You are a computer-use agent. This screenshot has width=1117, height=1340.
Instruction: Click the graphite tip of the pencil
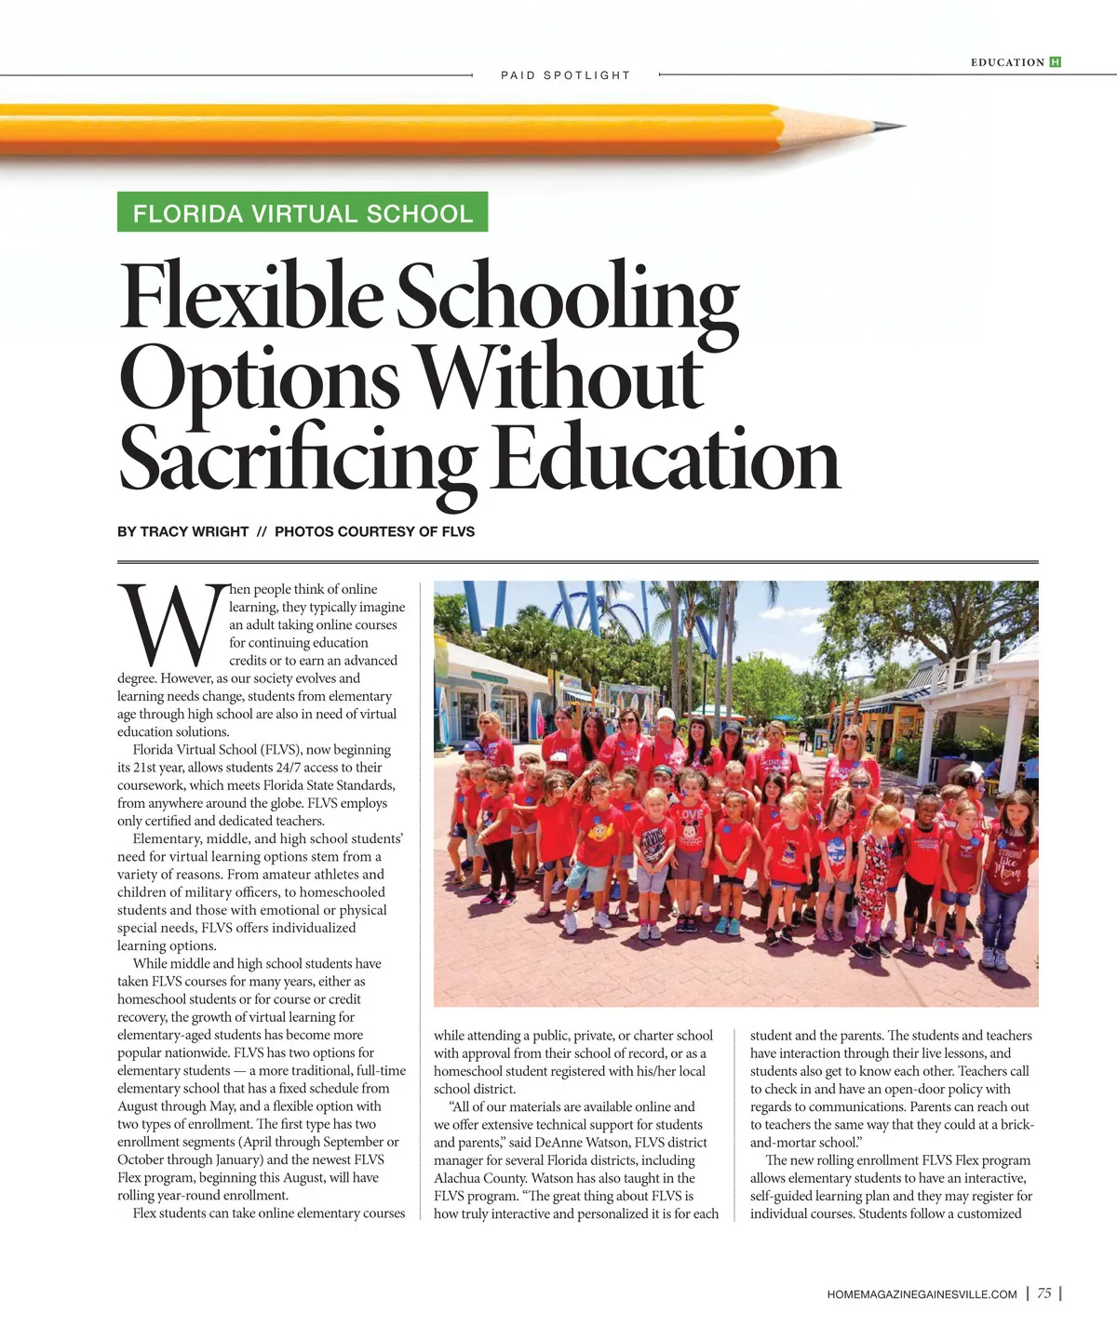click(898, 127)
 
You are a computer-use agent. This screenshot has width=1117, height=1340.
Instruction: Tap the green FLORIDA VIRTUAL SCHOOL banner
click(303, 213)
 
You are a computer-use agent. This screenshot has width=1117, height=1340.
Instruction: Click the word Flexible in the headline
click(251, 298)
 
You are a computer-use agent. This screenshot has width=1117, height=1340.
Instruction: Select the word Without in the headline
click(559, 378)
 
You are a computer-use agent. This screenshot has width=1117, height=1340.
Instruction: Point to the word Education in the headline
click(666, 459)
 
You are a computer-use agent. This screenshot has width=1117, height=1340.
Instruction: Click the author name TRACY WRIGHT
click(194, 531)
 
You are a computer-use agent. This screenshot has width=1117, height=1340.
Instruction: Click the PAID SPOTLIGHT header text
click(565, 75)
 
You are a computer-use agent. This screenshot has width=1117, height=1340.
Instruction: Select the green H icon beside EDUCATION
click(1055, 62)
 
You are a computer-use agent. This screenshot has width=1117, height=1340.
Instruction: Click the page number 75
click(1044, 1293)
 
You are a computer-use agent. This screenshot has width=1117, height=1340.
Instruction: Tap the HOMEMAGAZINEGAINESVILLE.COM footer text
click(922, 1294)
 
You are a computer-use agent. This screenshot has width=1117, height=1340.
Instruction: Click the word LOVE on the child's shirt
click(690, 814)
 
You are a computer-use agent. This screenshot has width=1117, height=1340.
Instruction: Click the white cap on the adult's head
click(666, 715)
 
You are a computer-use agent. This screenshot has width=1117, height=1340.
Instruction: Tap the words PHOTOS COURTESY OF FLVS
click(374, 531)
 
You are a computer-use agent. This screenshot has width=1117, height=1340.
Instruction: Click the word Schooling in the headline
click(568, 298)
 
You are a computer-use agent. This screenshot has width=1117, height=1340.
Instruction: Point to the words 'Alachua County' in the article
click(480, 1178)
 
